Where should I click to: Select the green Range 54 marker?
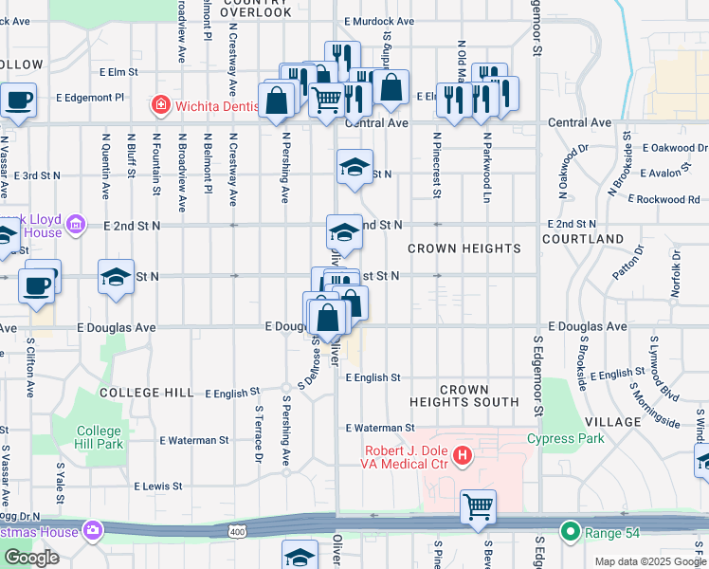click(569, 533)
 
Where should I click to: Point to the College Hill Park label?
click(100, 437)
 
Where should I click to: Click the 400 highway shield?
click(236, 534)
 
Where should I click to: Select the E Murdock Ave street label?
click(379, 21)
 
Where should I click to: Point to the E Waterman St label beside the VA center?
click(380, 429)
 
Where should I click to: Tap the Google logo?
click(31, 558)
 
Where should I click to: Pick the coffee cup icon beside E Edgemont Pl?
click(17, 100)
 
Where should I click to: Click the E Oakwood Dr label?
click(674, 148)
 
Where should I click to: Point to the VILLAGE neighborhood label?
click(613, 421)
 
